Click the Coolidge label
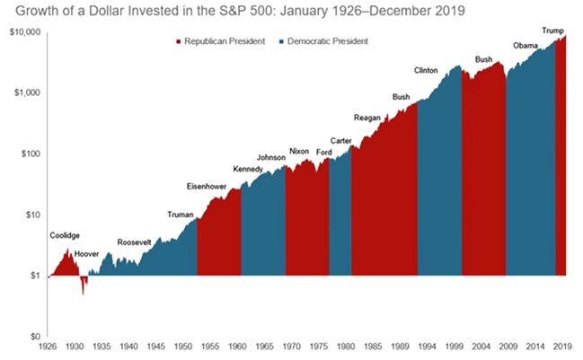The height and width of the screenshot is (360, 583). click(x=65, y=235)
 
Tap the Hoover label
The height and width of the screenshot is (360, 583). click(x=86, y=255)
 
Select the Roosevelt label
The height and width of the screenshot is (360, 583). click(x=137, y=242)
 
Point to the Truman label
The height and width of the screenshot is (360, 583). click(x=181, y=214)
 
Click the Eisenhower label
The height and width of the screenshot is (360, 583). click(x=206, y=186)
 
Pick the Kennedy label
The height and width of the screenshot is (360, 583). click(x=247, y=170)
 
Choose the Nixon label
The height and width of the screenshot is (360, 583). click(x=299, y=151)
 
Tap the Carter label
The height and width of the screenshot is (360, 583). click(x=340, y=141)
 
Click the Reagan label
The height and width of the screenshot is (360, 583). click(x=367, y=117)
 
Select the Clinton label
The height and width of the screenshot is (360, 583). click(x=427, y=70)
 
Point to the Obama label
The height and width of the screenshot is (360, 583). click(x=525, y=46)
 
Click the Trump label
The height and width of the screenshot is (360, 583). click(x=552, y=31)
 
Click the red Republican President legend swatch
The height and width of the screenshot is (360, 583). click(x=178, y=41)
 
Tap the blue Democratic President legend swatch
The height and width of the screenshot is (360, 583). click(x=284, y=41)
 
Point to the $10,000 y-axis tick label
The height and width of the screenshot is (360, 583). click(x=24, y=32)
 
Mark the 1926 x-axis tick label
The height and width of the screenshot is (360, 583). click(x=49, y=346)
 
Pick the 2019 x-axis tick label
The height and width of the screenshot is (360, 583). click(x=563, y=346)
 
